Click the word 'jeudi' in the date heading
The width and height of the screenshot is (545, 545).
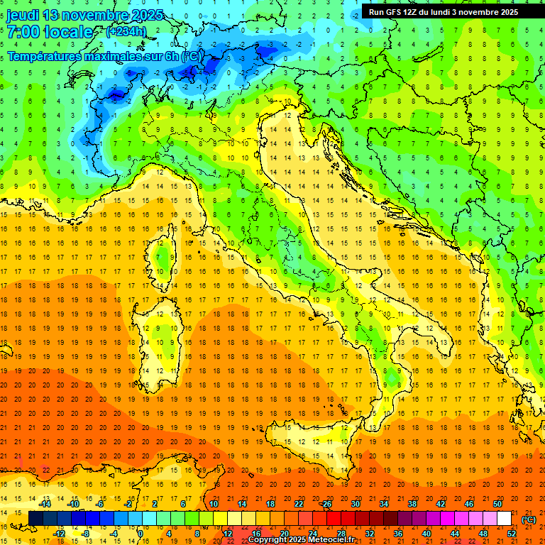coord(22,15)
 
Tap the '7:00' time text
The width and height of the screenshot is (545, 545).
coord(23,33)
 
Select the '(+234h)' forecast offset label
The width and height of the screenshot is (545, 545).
coord(126,32)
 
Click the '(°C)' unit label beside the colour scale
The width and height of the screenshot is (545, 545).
coord(529,519)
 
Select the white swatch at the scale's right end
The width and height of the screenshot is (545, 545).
coord(505,519)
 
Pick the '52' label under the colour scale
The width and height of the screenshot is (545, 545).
coord(512,534)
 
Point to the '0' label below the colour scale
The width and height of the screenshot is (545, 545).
coord(141,534)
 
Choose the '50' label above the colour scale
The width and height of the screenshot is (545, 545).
coord(497,504)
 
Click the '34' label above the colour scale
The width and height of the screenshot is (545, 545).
coord(384,504)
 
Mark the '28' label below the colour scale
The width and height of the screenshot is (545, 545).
coord(341,534)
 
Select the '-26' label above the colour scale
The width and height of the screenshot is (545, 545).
coord(326,504)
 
